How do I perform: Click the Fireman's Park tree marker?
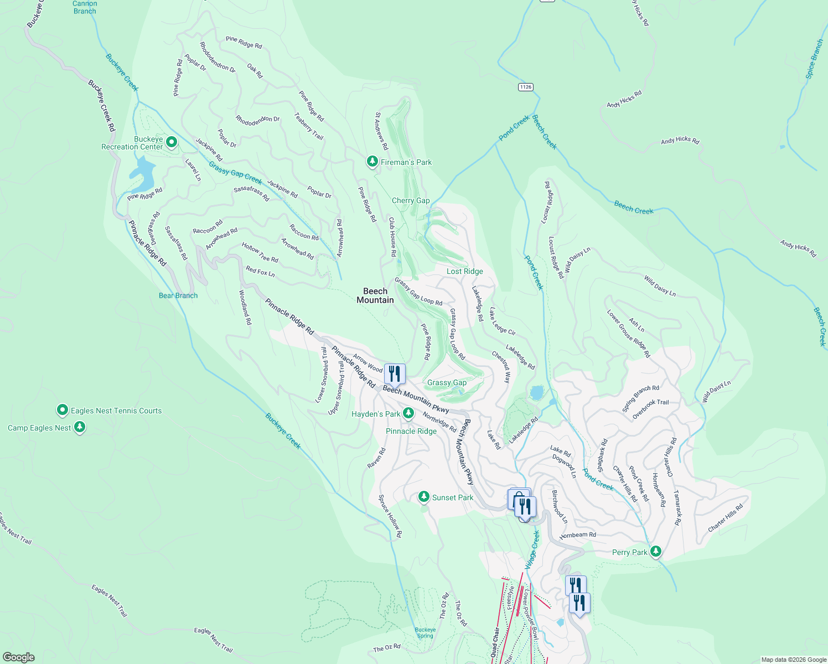pos(372,162)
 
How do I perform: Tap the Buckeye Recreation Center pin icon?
pos(172,143)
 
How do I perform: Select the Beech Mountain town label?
pos(375,295)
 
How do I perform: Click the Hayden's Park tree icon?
pos(408,413)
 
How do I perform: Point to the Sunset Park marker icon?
pos(424,497)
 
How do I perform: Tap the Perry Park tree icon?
pos(656,552)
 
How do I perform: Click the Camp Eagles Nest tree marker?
pos(80,427)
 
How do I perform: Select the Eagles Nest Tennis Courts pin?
pos(63,410)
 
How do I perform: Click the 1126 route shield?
pos(526,87)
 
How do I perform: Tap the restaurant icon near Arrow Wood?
pos(395,374)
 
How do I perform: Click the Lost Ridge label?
pos(465,271)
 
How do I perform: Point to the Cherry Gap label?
pos(411,200)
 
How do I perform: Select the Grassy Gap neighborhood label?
pos(447,382)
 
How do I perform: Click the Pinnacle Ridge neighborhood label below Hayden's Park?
pos(411,431)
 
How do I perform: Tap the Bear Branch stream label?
pos(178,295)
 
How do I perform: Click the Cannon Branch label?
pos(85,7)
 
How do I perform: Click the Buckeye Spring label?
pos(425,632)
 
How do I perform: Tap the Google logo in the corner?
pos(19,657)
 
